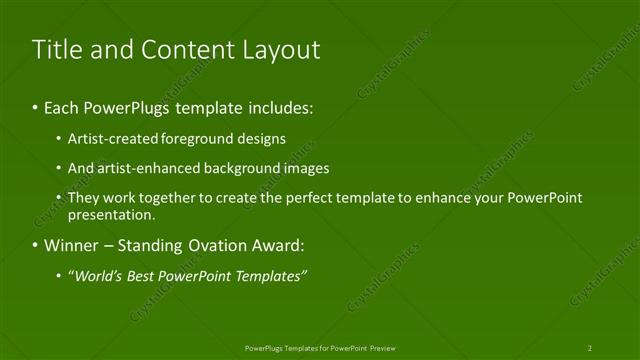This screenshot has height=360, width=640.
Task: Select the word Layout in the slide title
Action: [x=282, y=49]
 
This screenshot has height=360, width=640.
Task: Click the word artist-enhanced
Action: [x=139, y=168]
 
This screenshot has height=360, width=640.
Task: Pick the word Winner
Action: [x=71, y=245]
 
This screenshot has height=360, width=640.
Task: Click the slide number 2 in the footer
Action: [x=590, y=348]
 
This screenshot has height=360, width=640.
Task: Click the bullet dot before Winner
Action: [x=36, y=246]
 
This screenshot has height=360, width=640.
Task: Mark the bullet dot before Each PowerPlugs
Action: [x=36, y=107]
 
